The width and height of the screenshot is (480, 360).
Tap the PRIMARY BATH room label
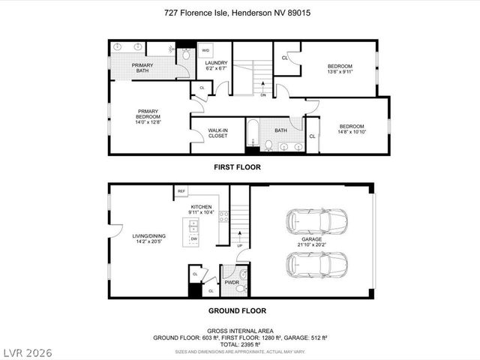tap(142, 68)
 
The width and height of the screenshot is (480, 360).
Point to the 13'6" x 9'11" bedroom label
tap(340, 69)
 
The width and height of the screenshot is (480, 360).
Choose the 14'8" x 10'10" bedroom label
tap(351, 129)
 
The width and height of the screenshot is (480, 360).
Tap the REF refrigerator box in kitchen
tap(181, 192)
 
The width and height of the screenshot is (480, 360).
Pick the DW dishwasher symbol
tap(193, 238)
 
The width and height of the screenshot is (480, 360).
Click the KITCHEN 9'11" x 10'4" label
tap(201, 210)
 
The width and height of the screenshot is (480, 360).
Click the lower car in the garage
tap(317, 264)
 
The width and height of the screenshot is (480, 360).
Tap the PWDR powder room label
tap(232, 283)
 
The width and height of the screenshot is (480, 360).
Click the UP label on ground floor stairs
tap(239, 246)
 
